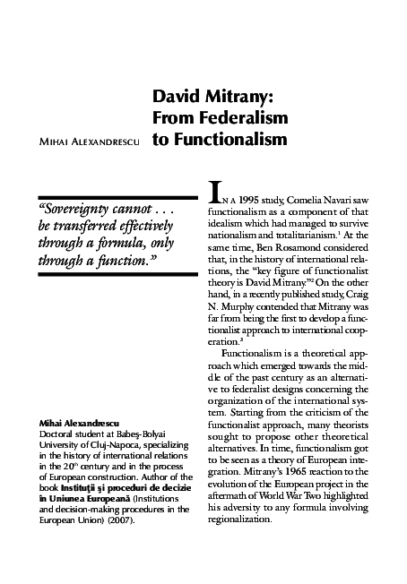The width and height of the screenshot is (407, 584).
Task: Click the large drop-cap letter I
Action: [213, 192]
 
